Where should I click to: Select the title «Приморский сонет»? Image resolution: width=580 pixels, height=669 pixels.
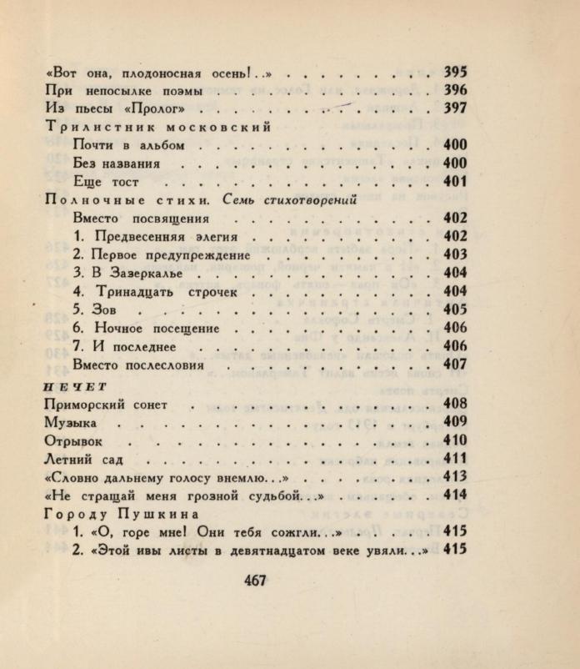coord(105,405)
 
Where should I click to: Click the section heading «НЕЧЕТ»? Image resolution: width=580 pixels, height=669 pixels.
coord(66,385)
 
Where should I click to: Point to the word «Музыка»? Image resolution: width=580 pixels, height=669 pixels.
coord(70,423)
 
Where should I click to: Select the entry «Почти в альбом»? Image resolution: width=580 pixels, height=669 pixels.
coord(127,146)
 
